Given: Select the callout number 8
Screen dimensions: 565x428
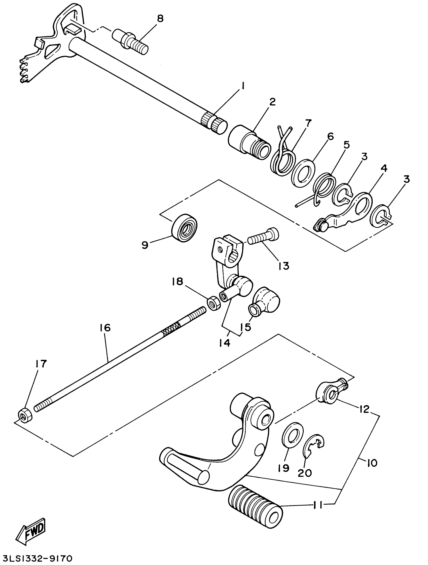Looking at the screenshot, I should (x=160, y=19).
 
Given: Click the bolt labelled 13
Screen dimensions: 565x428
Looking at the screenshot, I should (x=263, y=237).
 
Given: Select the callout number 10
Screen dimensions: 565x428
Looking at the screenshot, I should (x=372, y=463).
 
